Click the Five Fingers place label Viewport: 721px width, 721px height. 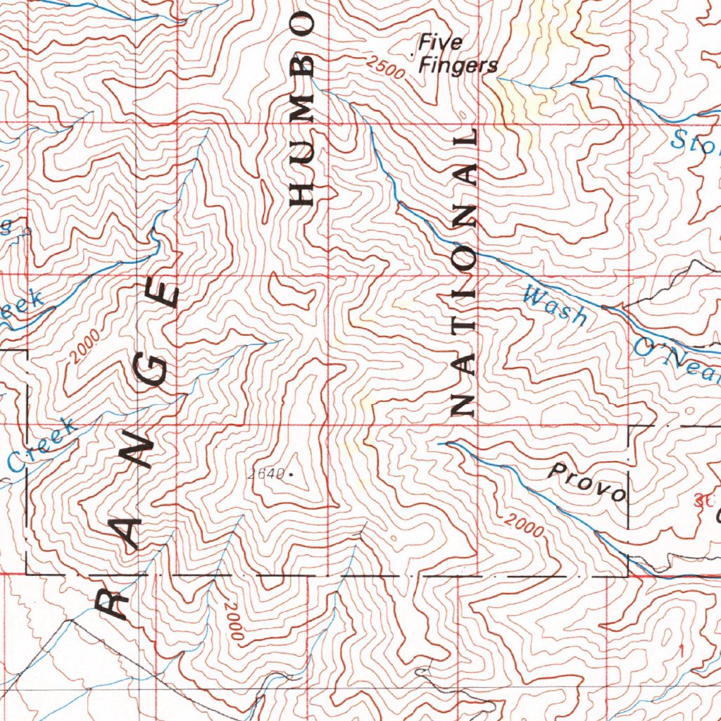coord(458,55)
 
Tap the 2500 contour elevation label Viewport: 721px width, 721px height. coord(385,68)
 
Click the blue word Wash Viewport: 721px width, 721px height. coord(555,304)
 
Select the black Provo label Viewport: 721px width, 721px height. coord(588,482)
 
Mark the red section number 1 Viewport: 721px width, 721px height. coord(681,648)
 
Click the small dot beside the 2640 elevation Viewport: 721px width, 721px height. coord(291,475)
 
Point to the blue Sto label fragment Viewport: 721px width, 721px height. coord(694,141)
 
